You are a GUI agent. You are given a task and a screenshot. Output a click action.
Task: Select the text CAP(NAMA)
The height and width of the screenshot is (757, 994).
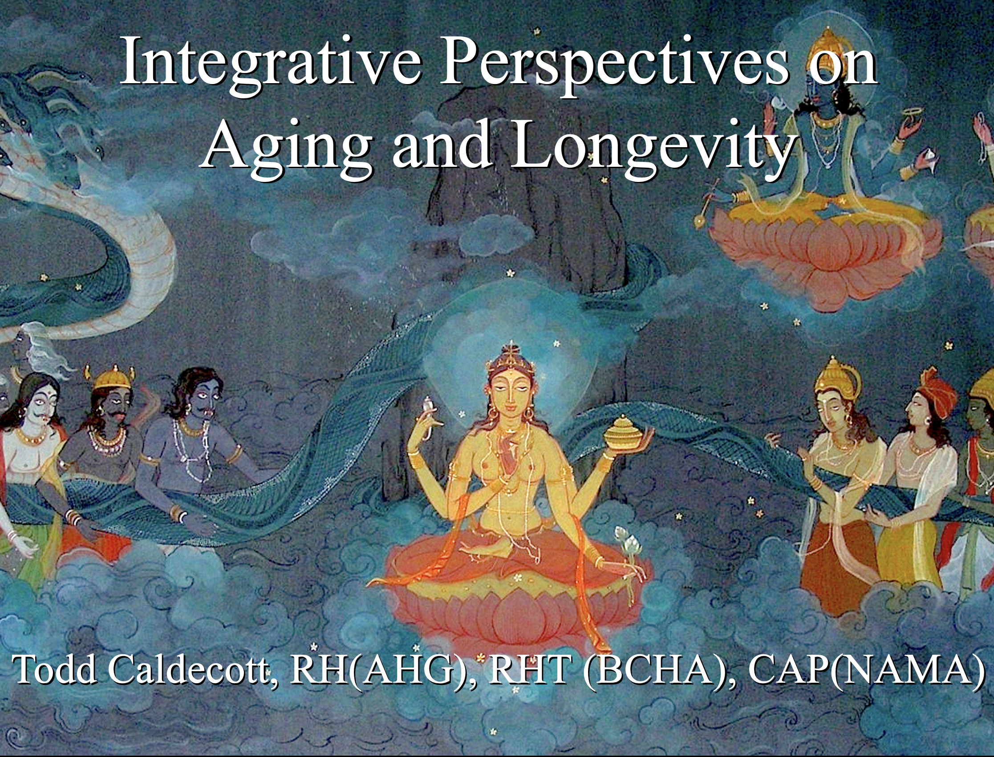click(866, 670)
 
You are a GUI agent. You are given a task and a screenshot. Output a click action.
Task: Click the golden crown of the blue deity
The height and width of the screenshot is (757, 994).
click(828, 45)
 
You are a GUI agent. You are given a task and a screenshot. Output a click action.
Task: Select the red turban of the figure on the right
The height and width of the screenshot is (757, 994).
click(938, 387)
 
